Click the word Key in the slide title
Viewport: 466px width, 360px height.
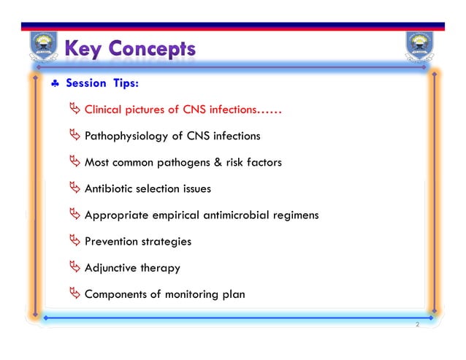click(x=83, y=50)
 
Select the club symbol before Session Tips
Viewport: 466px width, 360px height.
click(x=55, y=83)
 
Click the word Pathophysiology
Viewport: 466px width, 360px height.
click(x=126, y=137)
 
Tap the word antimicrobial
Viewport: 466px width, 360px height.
click(x=238, y=215)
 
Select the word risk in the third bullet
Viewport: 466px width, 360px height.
click(x=234, y=162)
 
